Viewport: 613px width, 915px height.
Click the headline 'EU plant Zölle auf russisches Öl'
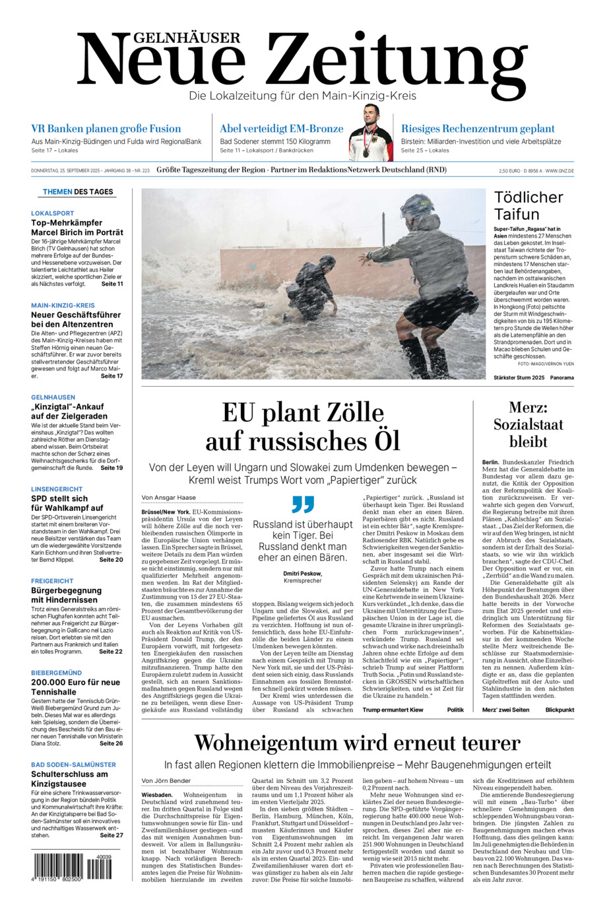point(303,426)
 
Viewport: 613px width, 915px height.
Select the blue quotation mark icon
point(303,504)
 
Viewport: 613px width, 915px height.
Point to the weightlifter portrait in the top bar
point(370,133)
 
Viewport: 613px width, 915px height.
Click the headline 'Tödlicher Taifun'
point(529,205)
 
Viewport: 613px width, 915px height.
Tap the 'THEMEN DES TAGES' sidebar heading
point(78,192)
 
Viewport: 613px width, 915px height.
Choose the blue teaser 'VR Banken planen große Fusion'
point(106,129)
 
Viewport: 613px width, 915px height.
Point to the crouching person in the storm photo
point(313,284)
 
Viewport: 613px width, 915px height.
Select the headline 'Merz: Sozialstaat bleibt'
point(528,424)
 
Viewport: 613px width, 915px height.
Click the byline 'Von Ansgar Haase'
point(168,498)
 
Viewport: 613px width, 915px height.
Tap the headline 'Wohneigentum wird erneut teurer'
point(357,743)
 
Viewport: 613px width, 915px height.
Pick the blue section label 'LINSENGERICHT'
point(57,489)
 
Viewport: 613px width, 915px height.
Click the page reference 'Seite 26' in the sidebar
point(111,743)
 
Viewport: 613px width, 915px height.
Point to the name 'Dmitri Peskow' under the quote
point(302,574)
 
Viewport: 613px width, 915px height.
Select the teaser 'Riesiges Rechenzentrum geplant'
point(478,129)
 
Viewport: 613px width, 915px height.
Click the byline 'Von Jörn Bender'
point(166,781)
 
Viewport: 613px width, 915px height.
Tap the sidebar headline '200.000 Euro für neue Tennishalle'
point(75,687)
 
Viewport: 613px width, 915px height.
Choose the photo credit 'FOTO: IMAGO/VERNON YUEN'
point(546,364)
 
